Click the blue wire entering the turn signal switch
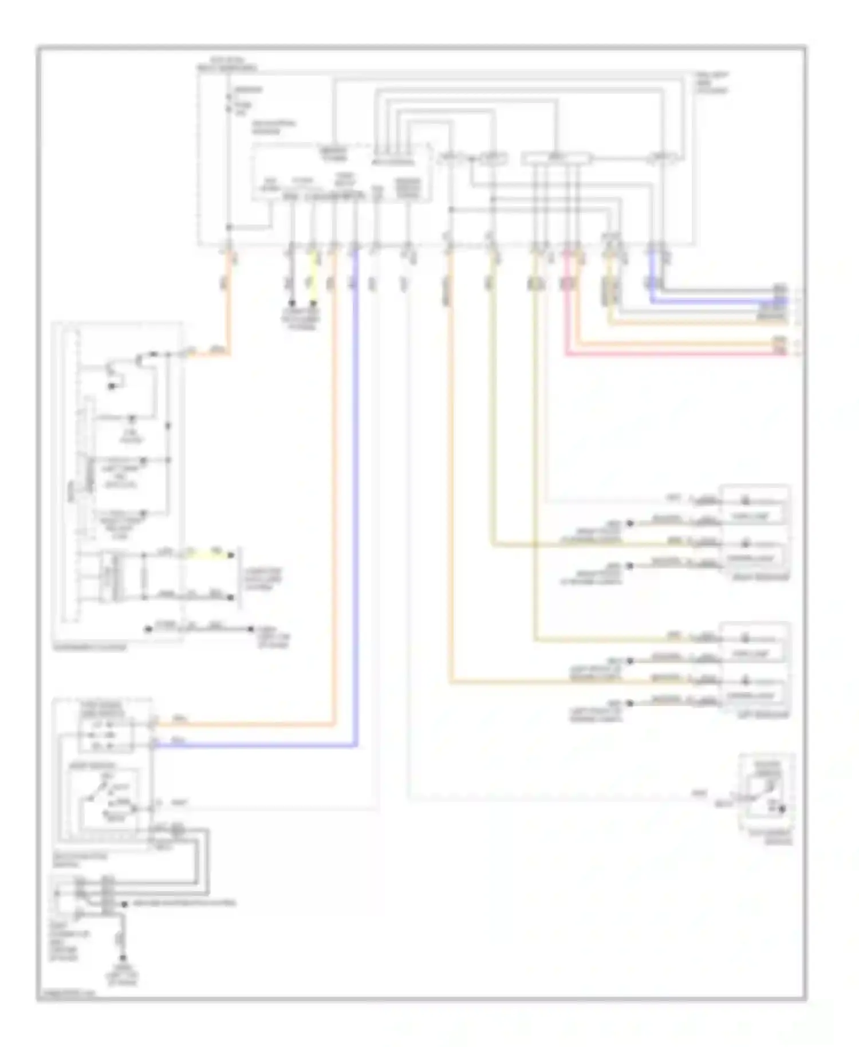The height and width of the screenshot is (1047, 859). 258,746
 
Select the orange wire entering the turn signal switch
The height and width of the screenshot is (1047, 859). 246,725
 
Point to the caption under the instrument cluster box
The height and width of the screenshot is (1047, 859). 89,647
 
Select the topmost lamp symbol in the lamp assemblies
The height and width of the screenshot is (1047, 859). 746,501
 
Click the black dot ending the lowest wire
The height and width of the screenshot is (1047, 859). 123,958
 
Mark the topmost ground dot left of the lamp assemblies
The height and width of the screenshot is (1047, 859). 629,523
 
